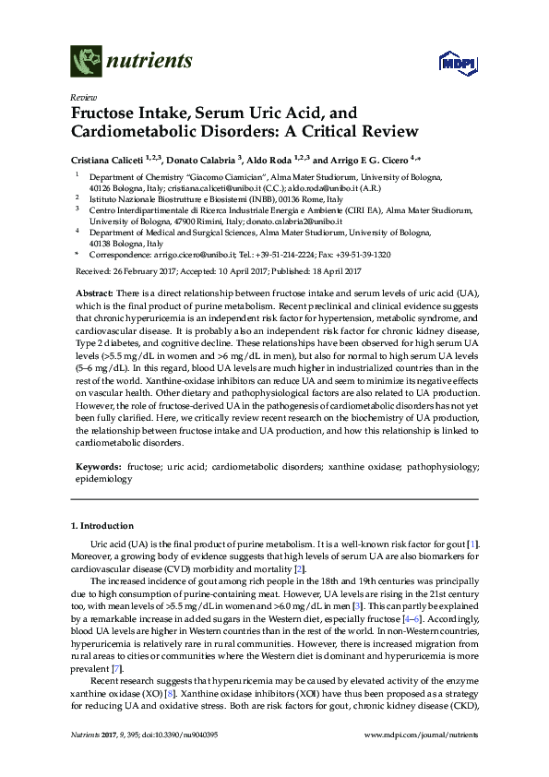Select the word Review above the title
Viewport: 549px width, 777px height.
pos(82,97)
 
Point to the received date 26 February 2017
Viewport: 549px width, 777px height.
pos(144,271)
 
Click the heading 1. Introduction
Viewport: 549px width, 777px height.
pos(101,526)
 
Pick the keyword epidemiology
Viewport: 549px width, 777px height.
pos(103,480)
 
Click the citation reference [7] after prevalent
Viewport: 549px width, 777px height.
pos(115,666)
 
